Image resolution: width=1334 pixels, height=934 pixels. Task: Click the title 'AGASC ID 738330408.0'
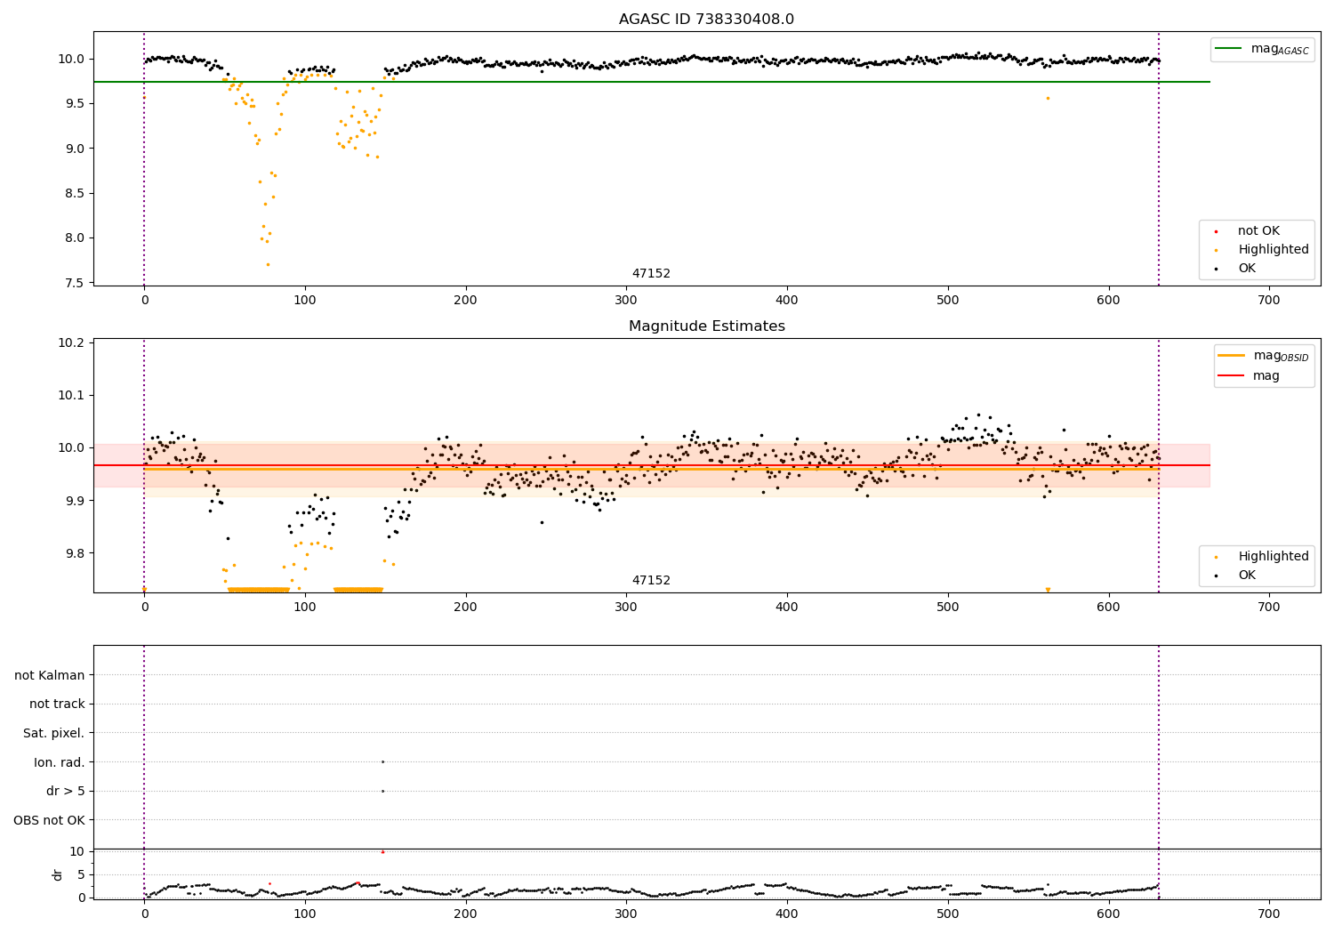(x=706, y=20)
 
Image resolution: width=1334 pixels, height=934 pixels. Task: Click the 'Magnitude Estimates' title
(x=706, y=326)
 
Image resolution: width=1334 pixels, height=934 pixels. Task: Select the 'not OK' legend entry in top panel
(x=1258, y=231)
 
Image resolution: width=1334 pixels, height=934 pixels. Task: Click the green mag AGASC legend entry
(x=1279, y=49)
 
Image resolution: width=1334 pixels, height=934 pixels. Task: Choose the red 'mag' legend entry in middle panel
(x=1266, y=375)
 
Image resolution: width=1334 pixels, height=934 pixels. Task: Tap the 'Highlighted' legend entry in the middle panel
(x=1273, y=557)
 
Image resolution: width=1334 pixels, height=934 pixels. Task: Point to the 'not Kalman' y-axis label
(x=50, y=675)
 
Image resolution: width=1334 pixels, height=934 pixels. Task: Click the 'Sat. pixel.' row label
(x=53, y=733)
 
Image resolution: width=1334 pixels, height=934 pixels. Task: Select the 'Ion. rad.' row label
(x=60, y=762)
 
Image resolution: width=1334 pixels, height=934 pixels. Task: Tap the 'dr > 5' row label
(x=66, y=791)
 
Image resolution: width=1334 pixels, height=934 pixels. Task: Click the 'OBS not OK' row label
(x=49, y=820)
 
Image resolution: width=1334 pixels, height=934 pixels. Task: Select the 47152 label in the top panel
(x=651, y=274)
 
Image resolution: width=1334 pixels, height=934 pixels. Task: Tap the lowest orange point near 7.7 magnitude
(x=268, y=264)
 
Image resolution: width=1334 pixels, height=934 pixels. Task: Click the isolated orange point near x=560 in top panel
(x=1048, y=98)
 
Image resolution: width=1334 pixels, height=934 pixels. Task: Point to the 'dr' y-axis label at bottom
(x=58, y=874)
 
